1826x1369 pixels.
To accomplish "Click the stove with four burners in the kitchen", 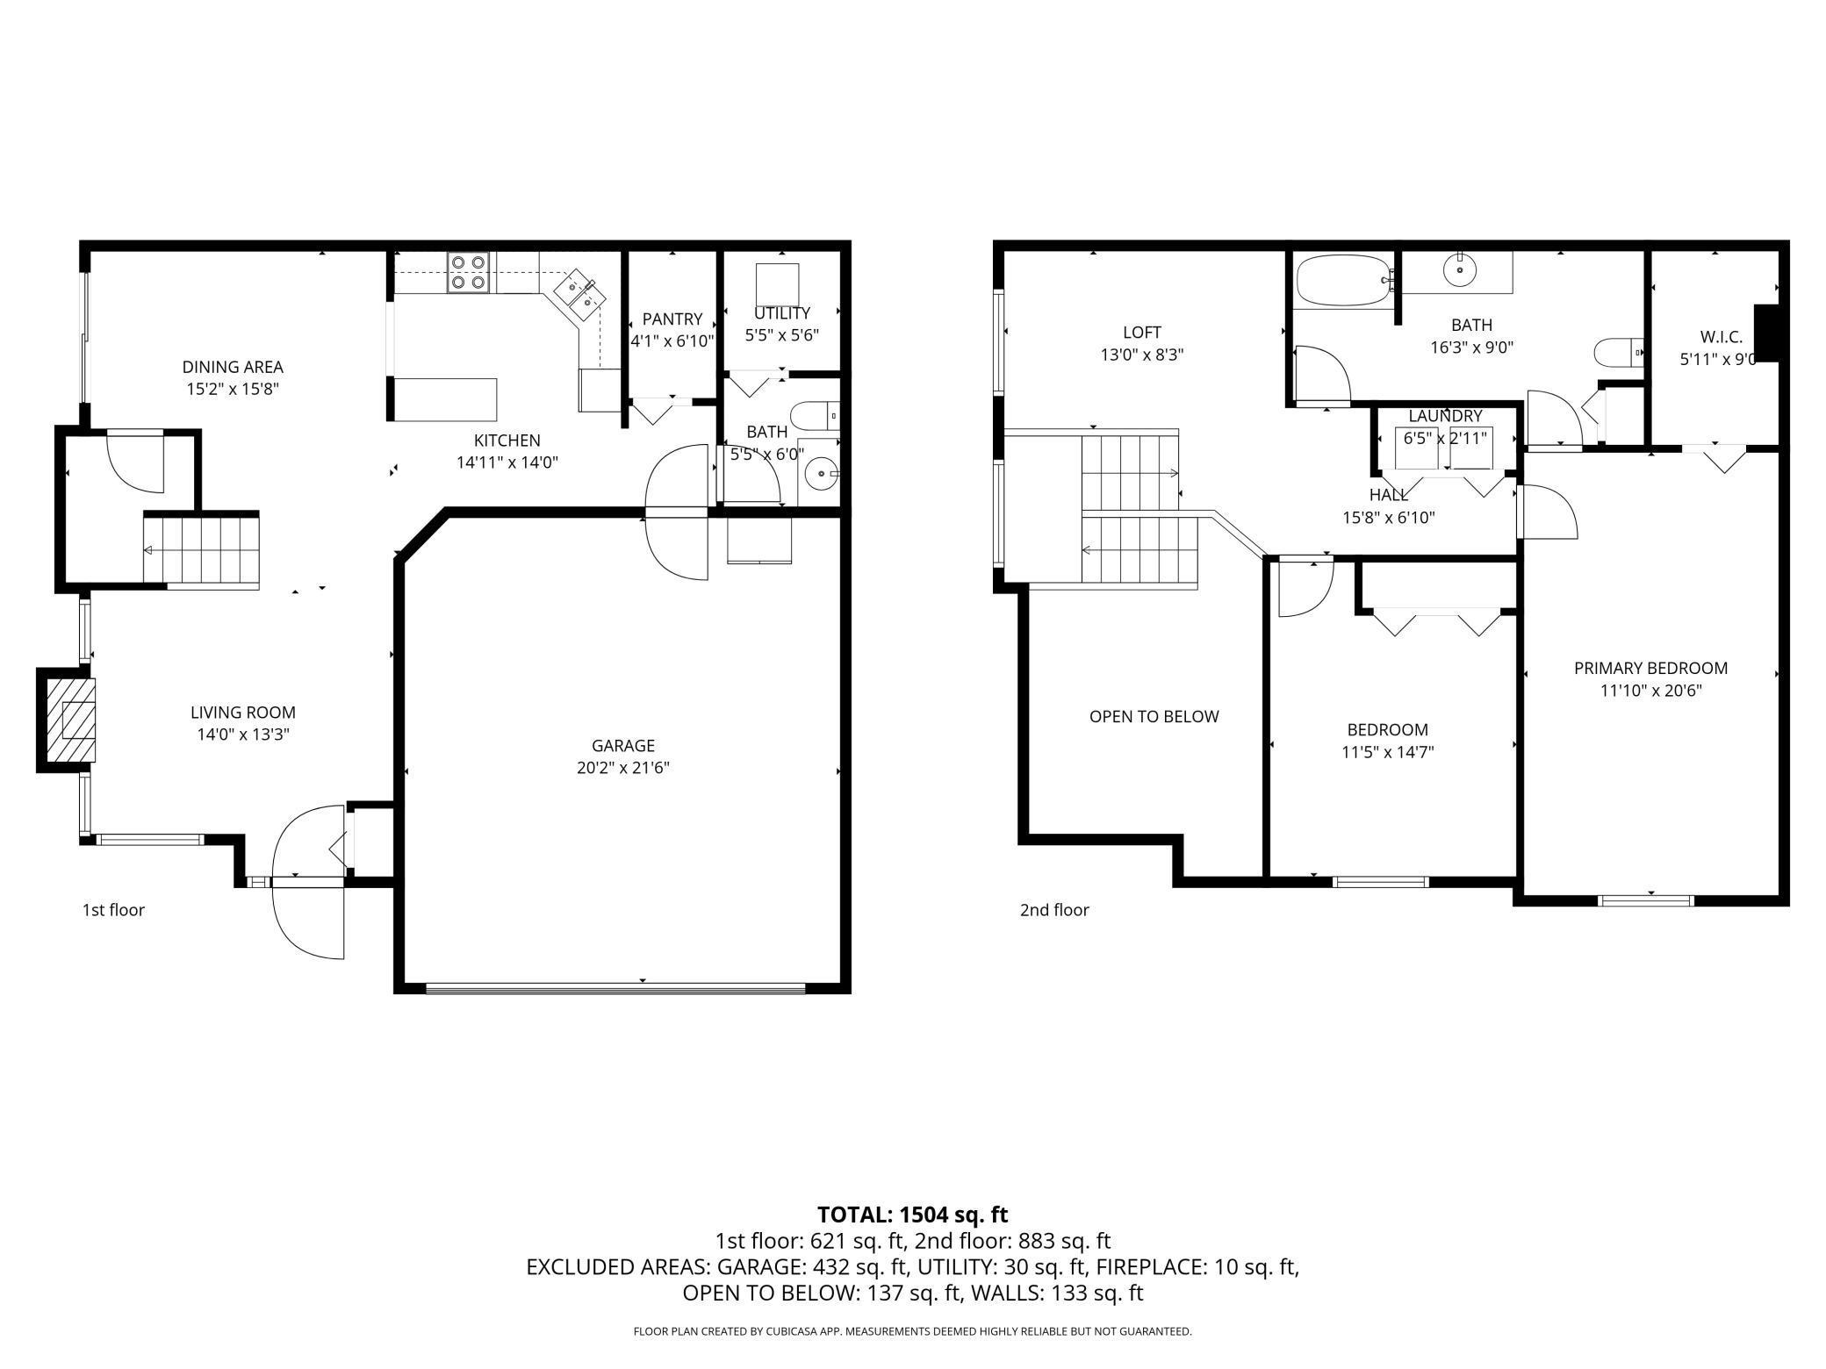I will click(x=468, y=272).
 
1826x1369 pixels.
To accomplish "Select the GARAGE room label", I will click(x=622, y=745).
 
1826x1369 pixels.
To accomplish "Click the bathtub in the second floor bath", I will click(x=1341, y=281).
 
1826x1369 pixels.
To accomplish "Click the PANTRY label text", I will click(x=672, y=319).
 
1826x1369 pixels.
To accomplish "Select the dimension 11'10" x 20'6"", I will click(x=1650, y=691).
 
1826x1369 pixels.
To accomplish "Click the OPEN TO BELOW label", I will click(x=1154, y=716).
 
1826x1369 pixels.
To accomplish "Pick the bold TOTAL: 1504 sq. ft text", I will click(x=912, y=1215).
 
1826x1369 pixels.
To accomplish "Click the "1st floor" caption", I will click(x=113, y=910).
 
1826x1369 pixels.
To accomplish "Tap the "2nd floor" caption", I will click(x=1053, y=910).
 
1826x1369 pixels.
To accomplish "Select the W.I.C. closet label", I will click(x=1720, y=336).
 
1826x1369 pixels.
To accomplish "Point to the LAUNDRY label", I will click(x=1445, y=416).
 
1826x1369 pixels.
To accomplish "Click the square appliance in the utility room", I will click(x=777, y=283).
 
